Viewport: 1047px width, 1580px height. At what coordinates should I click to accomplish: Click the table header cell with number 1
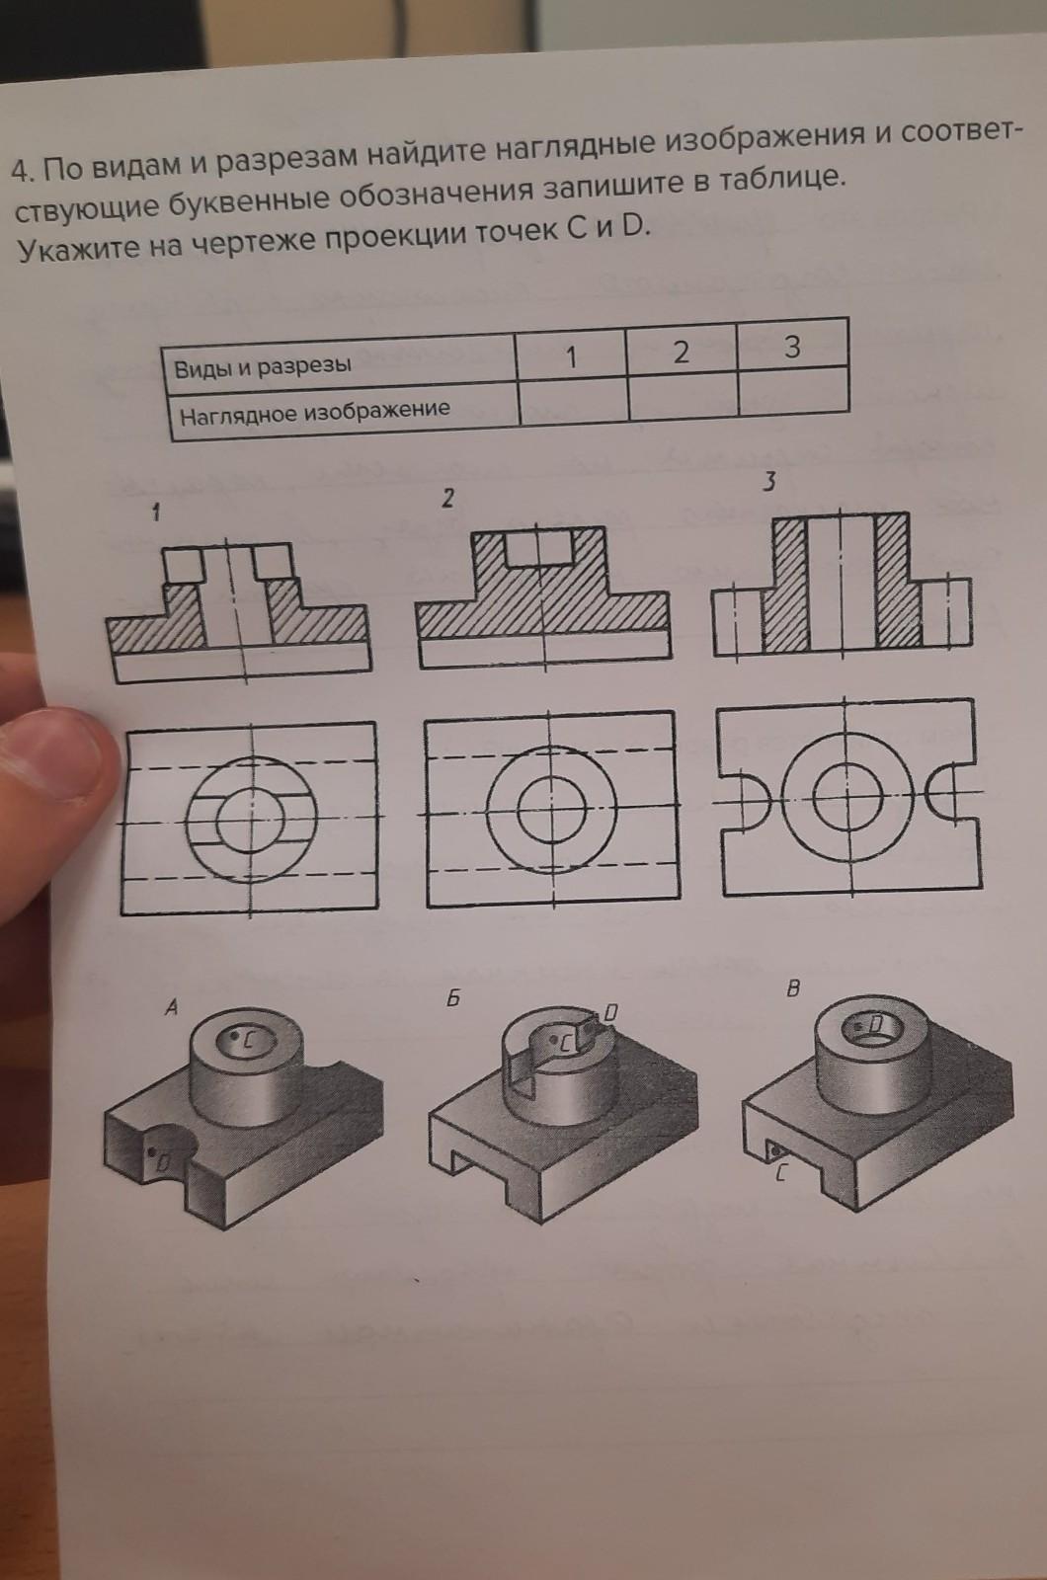click(x=571, y=357)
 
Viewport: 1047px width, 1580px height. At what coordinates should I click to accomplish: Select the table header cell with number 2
click(x=681, y=352)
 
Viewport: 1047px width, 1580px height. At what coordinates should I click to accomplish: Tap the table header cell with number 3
click(x=792, y=346)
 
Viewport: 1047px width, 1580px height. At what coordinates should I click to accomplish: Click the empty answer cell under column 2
click(x=683, y=397)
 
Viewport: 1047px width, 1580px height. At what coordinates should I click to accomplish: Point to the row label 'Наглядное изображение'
click(x=315, y=412)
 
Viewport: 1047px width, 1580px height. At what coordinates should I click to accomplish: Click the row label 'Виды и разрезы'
click(x=263, y=366)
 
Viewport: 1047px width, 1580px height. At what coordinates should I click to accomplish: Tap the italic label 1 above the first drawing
click(x=157, y=513)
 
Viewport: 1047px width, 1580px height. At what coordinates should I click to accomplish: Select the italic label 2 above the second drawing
click(x=447, y=499)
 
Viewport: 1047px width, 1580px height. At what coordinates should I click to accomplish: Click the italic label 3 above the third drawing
click(x=770, y=482)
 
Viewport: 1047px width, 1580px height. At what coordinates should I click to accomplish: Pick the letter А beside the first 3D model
click(x=171, y=1008)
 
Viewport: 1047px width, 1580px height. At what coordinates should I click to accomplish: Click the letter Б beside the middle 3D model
click(x=453, y=998)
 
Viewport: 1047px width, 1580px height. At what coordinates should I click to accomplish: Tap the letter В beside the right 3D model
click(x=793, y=988)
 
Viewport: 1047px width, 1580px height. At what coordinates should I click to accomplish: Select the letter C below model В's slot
click(x=780, y=1174)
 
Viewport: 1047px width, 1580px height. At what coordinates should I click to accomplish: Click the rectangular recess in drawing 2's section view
click(x=541, y=547)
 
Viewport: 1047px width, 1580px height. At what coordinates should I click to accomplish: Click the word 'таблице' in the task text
click(x=781, y=179)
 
